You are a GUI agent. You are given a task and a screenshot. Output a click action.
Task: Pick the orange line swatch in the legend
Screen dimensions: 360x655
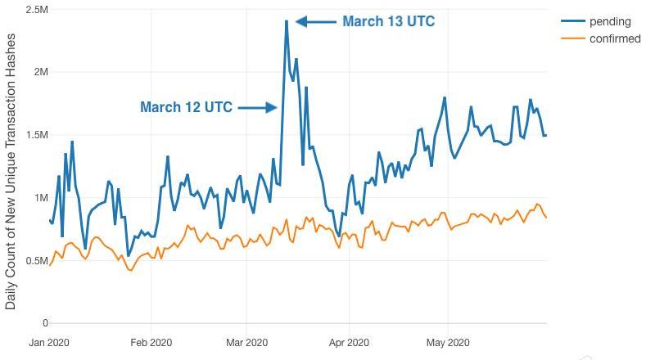572,38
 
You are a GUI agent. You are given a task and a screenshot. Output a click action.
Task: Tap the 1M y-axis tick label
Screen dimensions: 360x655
40,198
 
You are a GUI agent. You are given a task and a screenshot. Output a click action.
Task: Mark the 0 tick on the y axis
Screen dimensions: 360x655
46,323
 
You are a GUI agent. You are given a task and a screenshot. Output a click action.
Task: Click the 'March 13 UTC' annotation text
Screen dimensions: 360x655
388,22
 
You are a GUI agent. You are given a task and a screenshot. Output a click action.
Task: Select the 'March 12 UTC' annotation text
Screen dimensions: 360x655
186,107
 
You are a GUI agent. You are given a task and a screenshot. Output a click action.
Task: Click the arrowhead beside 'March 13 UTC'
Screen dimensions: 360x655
300,22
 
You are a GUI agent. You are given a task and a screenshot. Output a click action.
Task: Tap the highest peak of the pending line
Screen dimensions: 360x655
287,21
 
